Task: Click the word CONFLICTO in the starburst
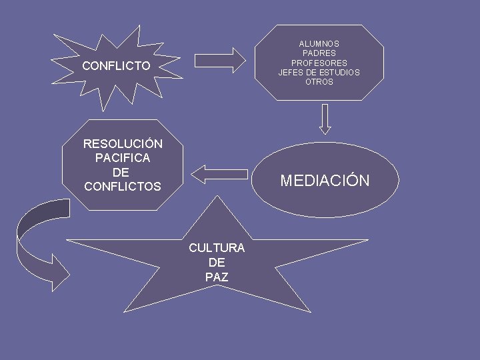pyautogui.click(x=116, y=66)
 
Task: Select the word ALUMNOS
pyautogui.click(x=319, y=44)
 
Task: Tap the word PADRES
pyautogui.click(x=319, y=53)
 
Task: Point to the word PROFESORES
pyautogui.click(x=319, y=63)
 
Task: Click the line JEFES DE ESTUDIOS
pyautogui.click(x=319, y=73)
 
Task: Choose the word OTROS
pyautogui.click(x=319, y=82)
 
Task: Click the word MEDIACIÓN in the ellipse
pyautogui.click(x=325, y=181)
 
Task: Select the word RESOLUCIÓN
pyautogui.click(x=123, y=144)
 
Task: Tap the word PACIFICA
pyautogui.click(x=123, y=158)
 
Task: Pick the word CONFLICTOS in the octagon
pyautogui.click(x=123, y=187)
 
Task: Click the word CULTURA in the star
pyautogui.click(x=217, y=248)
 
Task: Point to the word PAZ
pyautogui.click(x=217, y=277)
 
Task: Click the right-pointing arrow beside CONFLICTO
pyautogui.click(x=219, y=59)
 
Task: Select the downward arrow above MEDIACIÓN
pyautogui.click(x=325, y=119)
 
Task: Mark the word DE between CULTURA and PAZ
pyautogui.click(x=217, y=263)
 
